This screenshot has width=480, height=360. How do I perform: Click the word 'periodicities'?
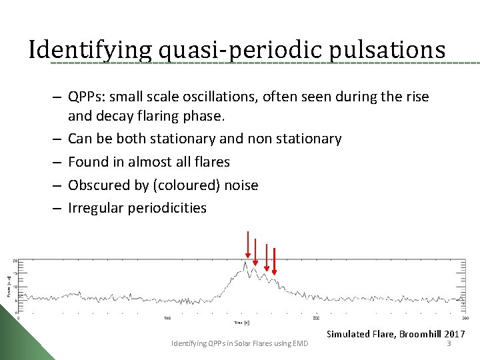[167, 208]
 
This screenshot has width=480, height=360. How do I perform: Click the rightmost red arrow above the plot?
[274, 261]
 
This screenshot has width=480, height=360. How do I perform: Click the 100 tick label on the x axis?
[167, 318]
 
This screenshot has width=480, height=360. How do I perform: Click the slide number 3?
[449, 343]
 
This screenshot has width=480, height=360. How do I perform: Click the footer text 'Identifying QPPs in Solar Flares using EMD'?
[240, 343]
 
